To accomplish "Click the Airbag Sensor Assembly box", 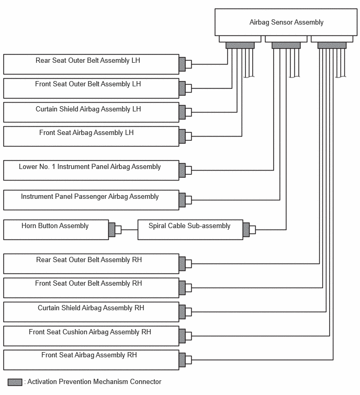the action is point(286,22).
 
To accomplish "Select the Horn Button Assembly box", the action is point(56,230).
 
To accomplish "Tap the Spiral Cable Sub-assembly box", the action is point(190,230).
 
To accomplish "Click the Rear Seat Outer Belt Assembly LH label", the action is point(88,61).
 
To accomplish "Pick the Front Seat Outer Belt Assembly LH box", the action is point(91,88).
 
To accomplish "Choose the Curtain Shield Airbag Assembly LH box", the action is point(91,112).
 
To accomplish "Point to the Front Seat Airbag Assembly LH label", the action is point(86,133).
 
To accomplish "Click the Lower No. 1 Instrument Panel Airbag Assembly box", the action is point(91,170).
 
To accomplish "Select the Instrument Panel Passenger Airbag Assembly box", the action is point(91,200).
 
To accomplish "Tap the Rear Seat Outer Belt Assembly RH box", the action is point(91,264).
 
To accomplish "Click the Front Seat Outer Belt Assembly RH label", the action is point(88,284).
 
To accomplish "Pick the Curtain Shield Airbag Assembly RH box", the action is point(91,312).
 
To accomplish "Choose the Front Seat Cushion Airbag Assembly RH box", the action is point(91,336).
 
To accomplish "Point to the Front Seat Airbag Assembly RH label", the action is point(89,355).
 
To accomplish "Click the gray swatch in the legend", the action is point(15,382).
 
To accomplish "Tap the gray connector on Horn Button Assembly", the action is point(112,230).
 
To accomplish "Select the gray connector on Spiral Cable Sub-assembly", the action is point(246,230).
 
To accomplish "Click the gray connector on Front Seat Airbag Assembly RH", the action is point(182,360).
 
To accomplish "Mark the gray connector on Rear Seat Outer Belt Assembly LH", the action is point(182,64).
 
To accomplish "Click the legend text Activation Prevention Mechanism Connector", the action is point(94,382).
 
